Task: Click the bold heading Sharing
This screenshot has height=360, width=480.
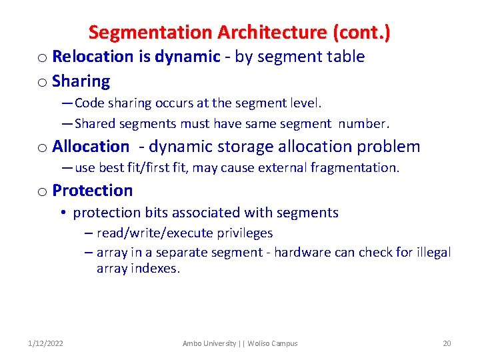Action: tap(81, 81)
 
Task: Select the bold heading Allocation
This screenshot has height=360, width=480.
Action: tap(91, 147)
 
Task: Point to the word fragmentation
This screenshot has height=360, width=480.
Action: tap(360, 167)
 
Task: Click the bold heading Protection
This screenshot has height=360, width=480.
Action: tap(92, 191)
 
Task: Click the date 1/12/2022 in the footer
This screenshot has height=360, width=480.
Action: tap(46, 343)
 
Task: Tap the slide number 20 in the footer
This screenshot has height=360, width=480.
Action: tap(447, 343)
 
